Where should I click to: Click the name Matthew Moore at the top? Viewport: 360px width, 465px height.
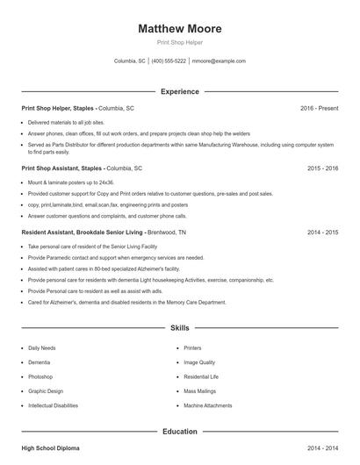pyautogui.click(x=180, y=29)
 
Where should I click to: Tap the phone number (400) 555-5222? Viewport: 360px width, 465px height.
pyautogui.click(x=169, y=61)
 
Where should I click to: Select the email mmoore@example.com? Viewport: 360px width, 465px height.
pyautogui.click(x=219, y=61)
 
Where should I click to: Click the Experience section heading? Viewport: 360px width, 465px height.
pyautogui.click(x=180, y=91)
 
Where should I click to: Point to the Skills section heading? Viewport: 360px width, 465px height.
pyautogui.click(x=180, y=327)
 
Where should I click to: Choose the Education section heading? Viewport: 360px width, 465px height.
pyautogui.click(x=180, y=432)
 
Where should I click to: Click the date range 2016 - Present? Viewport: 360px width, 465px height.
pyautogui.click(x=319, y=108)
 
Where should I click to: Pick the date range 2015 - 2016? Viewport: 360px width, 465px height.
pyautogui.click(x=322, y=167)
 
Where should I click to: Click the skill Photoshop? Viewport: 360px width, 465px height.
pyautogui.click(x=41, y=376)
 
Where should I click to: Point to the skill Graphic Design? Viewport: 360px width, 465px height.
pyautogui.click(x=46, y=391)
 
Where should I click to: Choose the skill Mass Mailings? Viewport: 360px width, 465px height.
pyautogui.click(x=201, y=391)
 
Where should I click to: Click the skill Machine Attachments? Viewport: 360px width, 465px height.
pyautogui.click(x=207, y=405)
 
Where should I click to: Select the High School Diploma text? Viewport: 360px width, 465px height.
pyautogui.click(x=50, y=448)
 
